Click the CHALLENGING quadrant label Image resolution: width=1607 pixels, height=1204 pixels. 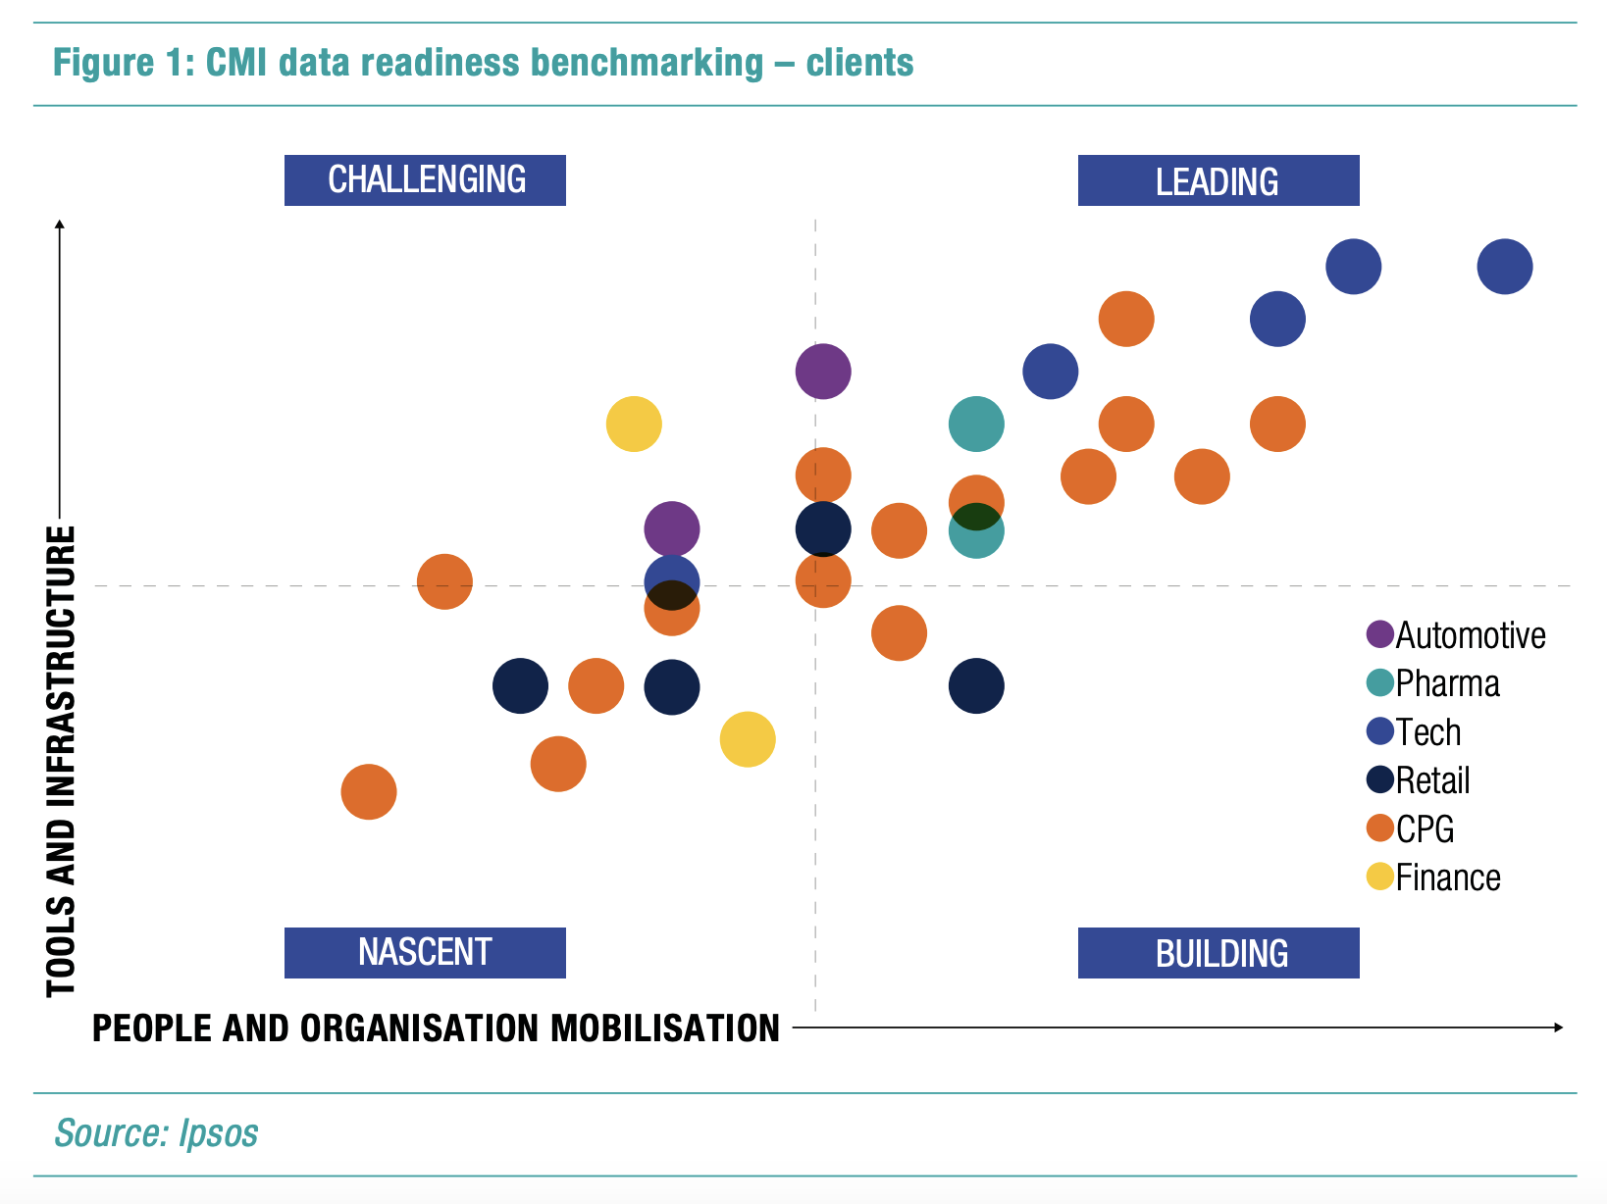point(425,180)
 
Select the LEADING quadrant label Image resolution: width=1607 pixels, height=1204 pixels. point(1218,181)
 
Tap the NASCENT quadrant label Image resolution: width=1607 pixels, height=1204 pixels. point(425,952)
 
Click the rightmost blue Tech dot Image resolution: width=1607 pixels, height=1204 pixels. point(1504,267)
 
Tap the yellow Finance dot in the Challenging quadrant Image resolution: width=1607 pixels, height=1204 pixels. point(634,425)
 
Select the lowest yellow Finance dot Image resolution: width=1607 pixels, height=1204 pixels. point(748,739)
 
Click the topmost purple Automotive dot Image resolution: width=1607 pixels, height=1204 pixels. point(823,372)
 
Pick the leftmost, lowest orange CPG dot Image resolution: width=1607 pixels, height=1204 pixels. point(369,792)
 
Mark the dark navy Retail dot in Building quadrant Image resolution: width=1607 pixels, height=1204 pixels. point(976,686)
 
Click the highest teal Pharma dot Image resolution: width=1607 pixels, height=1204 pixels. point(976,425)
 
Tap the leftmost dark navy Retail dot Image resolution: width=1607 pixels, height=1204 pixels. point(520,686)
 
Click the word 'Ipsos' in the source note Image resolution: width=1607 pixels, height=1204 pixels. point(219,1133)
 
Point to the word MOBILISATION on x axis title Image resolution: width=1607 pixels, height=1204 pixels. point(665,1028)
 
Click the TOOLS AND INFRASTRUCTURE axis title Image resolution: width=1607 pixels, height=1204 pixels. point(61,761)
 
